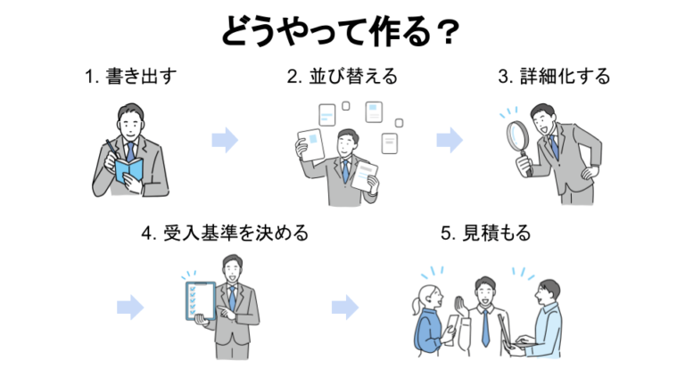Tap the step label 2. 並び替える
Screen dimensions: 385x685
click(x=342, y=77)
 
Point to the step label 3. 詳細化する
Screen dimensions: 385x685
click(x=554, y=77)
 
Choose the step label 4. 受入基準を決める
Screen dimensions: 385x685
click(x=225, y=233)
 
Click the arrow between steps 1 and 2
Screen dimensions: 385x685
click(x=225, y=140)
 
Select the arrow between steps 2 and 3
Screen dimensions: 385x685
click(x=450, y=140)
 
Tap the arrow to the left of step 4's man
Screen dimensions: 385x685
click(x=130, y=307)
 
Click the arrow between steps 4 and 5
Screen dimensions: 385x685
click(x=344, y=307)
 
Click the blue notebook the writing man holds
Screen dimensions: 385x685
click(x=128, y=173)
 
